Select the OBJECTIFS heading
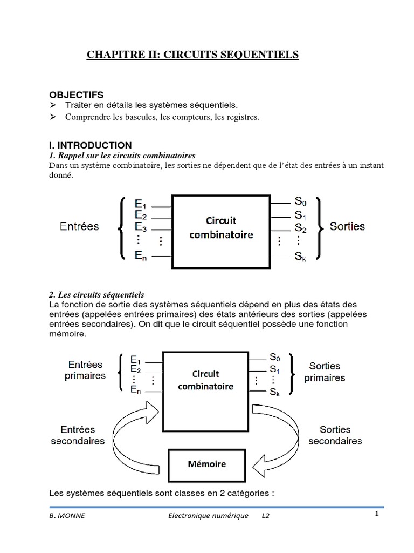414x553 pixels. click(76, 95)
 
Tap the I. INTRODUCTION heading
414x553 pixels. click(90, 145)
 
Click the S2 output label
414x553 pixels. click(301, 228)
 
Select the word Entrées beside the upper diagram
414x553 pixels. click(79, 226)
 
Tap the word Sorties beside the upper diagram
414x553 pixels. click(347, 226)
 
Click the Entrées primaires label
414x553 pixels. click(85, 370)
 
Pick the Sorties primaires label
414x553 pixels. click(325, 372)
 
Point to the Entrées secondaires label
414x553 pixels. click(78, 435)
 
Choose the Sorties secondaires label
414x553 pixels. click(335, 435)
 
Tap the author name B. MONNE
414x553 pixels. click(67, 516)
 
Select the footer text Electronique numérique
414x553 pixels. click(208, 516)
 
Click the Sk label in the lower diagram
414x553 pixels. click(275, 392)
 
